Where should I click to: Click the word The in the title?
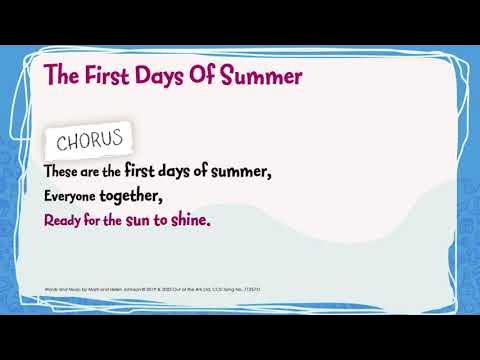coord(61,74)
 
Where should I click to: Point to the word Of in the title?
coord(213,74)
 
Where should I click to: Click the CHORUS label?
coord(90,137)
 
